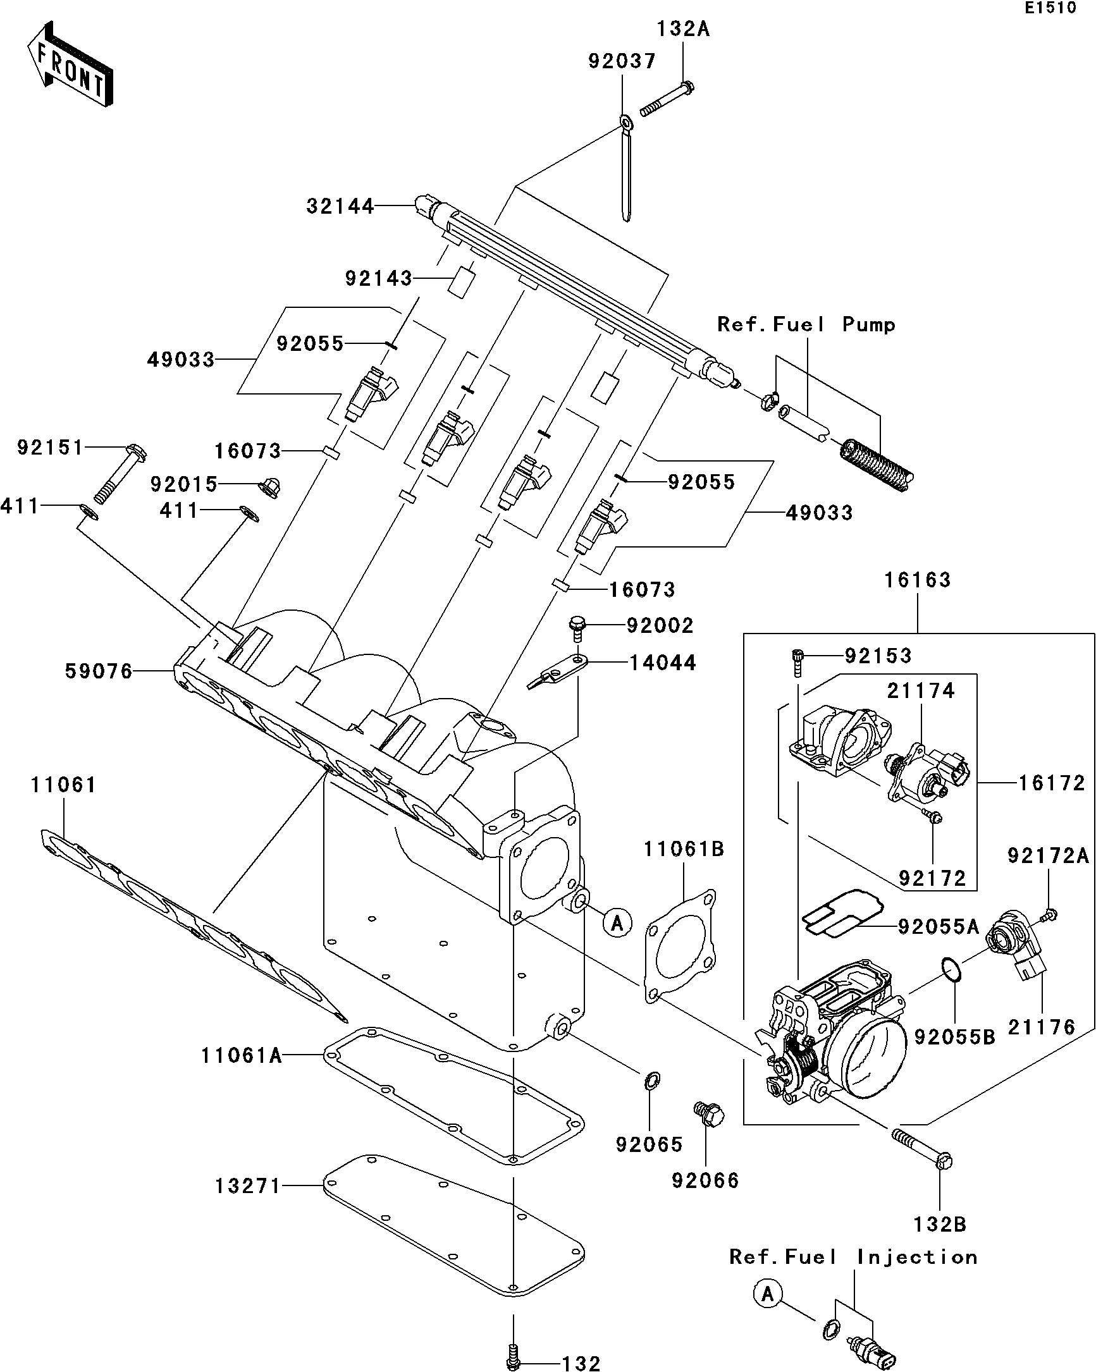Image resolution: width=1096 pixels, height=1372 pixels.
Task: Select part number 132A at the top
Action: pyautogui.click(x=683, y=29)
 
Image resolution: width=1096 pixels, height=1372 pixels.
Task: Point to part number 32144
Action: pyautogui.click(x=340, y=206)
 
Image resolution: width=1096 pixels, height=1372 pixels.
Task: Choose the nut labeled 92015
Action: pyautogui.click(x=270, y=487)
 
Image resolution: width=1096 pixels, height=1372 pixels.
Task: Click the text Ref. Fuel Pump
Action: pyautogui.click(x=806, y=324)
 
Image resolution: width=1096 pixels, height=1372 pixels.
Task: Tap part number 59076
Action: pyautogui.click(x=99, y=671)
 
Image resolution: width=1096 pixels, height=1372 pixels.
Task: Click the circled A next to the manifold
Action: pyautogui.click(x=617, y=922)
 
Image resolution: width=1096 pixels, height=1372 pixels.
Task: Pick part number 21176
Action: pyautogui.click(x=1041, y=1026)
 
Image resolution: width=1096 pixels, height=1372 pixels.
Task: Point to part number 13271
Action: pyautogui.click(x=247, y=1186)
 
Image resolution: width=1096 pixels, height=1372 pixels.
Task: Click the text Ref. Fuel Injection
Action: pyautogui.click(x=853, y=1257)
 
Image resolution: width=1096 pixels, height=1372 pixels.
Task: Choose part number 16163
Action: pyautogui.click(x=917, y=580)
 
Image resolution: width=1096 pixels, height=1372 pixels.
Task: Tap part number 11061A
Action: pyautogui.click(x=241, y=1056)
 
